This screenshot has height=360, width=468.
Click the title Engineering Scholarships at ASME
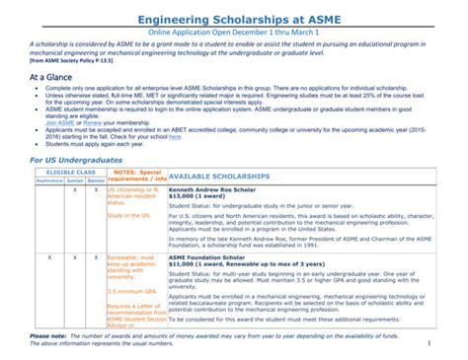234,18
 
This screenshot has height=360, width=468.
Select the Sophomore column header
49,180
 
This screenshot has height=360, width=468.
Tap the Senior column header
95,180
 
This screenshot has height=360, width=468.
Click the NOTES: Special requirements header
136,176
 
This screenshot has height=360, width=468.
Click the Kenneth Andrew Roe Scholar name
213,189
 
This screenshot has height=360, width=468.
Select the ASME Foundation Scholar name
207,255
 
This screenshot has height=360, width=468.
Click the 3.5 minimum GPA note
132,291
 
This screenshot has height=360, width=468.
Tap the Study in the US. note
127,215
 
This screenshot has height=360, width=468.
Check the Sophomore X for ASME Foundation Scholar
49,255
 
